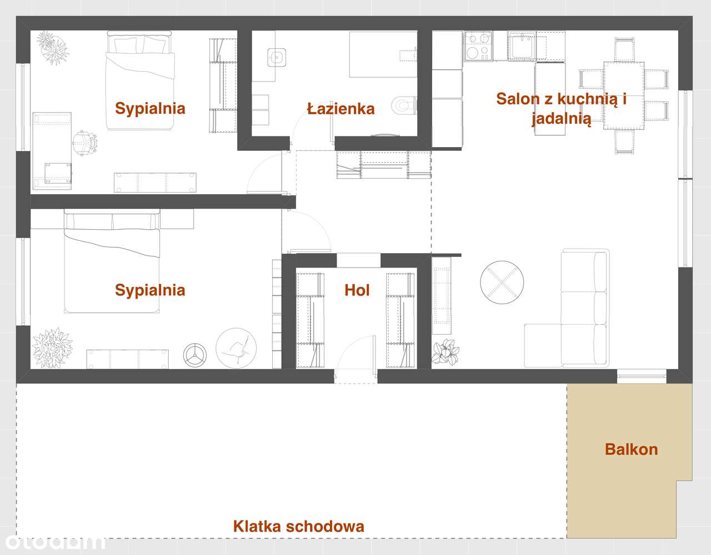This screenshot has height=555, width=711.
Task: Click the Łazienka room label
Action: coord(341,109)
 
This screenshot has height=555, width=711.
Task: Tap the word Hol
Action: coord(357,290)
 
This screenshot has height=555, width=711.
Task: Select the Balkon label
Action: coord(631,449)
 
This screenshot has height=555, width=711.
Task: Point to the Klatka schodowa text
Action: coord(299,526)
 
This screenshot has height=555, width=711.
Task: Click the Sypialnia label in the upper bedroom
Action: coord(150,108)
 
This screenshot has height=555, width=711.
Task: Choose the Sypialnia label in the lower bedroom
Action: coord(150,290)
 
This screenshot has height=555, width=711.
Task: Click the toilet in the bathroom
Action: coord(403,104)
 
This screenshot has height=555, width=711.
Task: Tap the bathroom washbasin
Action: coord(276,56)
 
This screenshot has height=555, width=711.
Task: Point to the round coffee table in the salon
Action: coord(502,281)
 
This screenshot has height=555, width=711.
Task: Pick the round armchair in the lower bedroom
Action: coord(237,347)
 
